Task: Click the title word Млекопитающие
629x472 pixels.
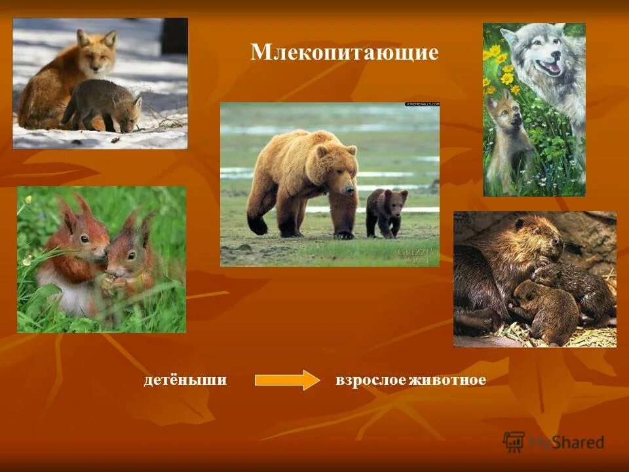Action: click(344, 52)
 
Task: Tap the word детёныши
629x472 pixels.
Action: click(185, 380)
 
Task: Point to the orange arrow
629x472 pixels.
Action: click(287, 380)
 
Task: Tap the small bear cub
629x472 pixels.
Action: click(386, 211)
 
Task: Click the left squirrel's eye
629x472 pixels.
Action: click(84, 239)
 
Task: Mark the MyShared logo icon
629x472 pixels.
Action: click(514, 442)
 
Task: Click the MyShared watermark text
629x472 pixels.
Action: click(566, 442)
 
